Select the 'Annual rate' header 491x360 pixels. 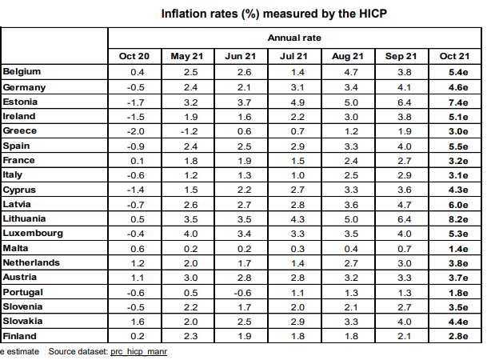tap(295, 38)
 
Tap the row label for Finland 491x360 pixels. tap(21, 335)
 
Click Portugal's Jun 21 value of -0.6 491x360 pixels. tap(240, 291)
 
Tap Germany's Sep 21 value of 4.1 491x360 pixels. tap(401, 86)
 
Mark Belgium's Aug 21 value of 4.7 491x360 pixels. tap(348, 72)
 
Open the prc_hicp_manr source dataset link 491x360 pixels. tap(138, 351)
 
